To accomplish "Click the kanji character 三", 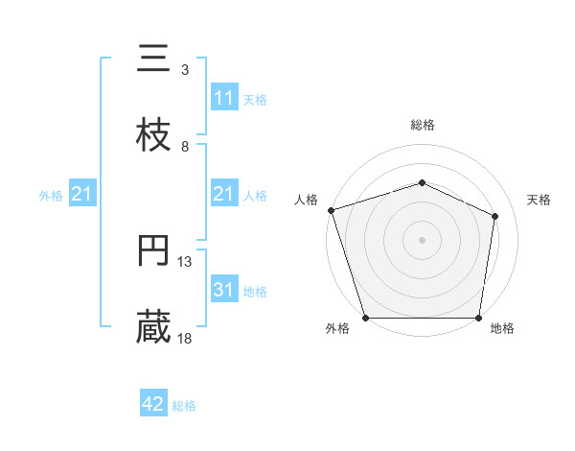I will (x=154, y=59).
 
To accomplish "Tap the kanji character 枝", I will (x=154, y=136).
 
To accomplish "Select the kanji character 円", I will (x=154, y=251).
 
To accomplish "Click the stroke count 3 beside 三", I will (x=185, y=70).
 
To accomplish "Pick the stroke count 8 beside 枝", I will (x=185, y=147).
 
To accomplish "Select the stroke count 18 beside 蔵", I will (x=185, y=339).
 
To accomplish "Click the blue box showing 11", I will (x=223, y=98).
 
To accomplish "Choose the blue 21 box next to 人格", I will (x=223, y=195).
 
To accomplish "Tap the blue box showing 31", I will (x=223, y=290).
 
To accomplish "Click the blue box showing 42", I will (x=153, y=405).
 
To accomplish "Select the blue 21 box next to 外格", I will (x=82, y=195).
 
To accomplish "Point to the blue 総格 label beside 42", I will (x=184, y=406).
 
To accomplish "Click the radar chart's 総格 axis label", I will (x=423, y=125).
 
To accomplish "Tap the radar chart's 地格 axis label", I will (x=502, y=329).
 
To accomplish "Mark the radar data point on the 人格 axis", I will (x=331, y=210).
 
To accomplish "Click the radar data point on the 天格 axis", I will (x=495, y=216).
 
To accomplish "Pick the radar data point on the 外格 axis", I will (x=366, y=318).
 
